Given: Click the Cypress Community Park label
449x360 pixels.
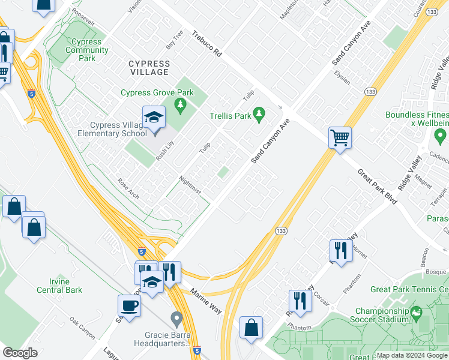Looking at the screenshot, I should click(x=86, y=50).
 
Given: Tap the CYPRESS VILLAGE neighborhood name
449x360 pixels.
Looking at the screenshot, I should click(x=148, y=68).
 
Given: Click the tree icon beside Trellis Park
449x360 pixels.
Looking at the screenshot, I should click(x=259, y=113).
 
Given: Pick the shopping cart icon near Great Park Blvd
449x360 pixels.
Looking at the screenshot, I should click(x=340, y=137).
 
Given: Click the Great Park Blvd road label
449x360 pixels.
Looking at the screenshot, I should click(x=377, y=187).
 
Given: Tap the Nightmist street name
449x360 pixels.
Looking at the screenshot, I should click(x=190, y=185).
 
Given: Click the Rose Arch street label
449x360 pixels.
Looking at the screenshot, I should click(x=128, y=188).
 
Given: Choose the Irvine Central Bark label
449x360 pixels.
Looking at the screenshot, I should click(x=59, y=286).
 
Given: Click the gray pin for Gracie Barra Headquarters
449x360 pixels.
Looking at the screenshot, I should click(x=176, y=317).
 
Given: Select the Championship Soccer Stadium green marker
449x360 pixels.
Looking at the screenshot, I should click(x=415, y=311).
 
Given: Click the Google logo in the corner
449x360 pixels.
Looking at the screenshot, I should click(x=20, y=353).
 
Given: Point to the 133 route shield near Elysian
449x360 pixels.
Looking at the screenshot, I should click(x=370, y=91).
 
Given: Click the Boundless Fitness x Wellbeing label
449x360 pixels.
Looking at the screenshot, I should click(x=417, y=119).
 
